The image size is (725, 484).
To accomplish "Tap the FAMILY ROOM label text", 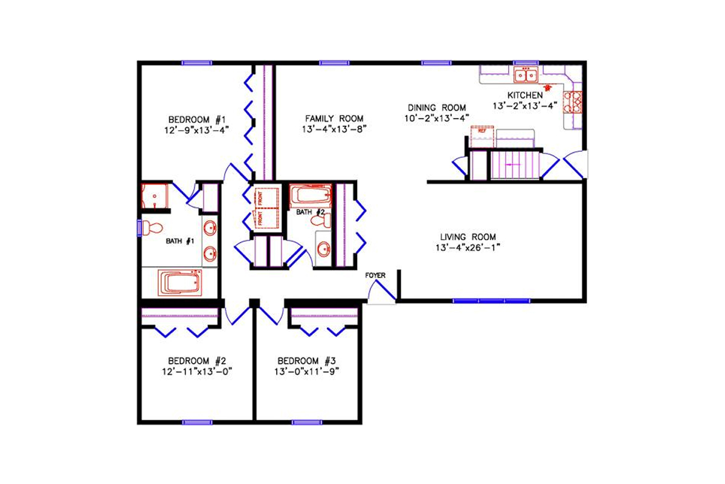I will pos(334,119).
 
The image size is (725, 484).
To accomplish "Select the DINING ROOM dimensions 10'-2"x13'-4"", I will pos(437,119).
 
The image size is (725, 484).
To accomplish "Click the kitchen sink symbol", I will pos(526,76).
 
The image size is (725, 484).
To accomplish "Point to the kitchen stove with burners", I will pos(573,102).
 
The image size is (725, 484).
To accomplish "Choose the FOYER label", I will pos(375,275).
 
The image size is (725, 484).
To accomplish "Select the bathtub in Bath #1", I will pos(179,283).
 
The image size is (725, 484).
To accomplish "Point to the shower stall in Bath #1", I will pos(155,196).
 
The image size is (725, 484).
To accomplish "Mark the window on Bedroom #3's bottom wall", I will pos(306,422).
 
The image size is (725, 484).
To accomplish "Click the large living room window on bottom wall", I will pos(491,300).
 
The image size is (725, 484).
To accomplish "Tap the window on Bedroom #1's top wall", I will pos(197,62).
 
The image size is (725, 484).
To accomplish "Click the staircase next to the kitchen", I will pos(515,165).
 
